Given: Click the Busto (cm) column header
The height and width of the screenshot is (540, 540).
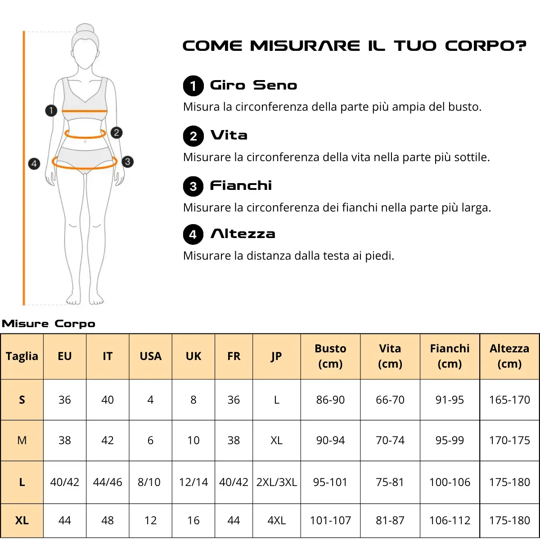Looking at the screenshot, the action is [330, 356].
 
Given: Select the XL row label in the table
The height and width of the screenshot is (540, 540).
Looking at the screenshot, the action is [22, 520].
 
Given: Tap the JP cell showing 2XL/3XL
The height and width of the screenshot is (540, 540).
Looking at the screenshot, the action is [277, 482].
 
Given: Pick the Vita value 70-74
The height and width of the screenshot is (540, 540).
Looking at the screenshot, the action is [390, 440].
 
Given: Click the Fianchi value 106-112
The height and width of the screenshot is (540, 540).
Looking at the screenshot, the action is [450, 520].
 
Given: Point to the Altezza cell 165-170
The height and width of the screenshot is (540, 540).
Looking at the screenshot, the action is [509, 400].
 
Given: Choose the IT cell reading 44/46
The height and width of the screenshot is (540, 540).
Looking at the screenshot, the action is [108, 482].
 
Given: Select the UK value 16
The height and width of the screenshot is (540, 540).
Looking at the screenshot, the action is [193, 520].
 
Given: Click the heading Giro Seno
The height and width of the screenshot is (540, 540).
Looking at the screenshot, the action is [254, 85].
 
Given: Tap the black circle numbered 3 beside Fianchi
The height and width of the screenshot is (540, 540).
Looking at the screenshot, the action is [193, 186].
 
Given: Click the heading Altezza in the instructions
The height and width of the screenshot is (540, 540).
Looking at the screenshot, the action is [243, 234].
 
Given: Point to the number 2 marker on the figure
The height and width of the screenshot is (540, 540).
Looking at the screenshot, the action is [117, 133].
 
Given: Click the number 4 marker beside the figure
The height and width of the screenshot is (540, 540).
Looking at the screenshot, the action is [34, 164].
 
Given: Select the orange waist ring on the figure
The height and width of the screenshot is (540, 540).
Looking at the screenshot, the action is [85, 137].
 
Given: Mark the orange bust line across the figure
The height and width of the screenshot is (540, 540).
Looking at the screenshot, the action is [85, 111].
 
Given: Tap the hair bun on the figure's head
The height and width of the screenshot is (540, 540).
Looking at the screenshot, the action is [85, 29].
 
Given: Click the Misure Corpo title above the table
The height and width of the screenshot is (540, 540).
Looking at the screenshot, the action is [49, 324].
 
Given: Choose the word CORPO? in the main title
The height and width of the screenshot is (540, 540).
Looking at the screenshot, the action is [486, 46].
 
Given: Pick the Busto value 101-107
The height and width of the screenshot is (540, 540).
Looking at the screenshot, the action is [330, 520].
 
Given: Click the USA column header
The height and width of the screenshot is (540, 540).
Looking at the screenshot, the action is [150, 356].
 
